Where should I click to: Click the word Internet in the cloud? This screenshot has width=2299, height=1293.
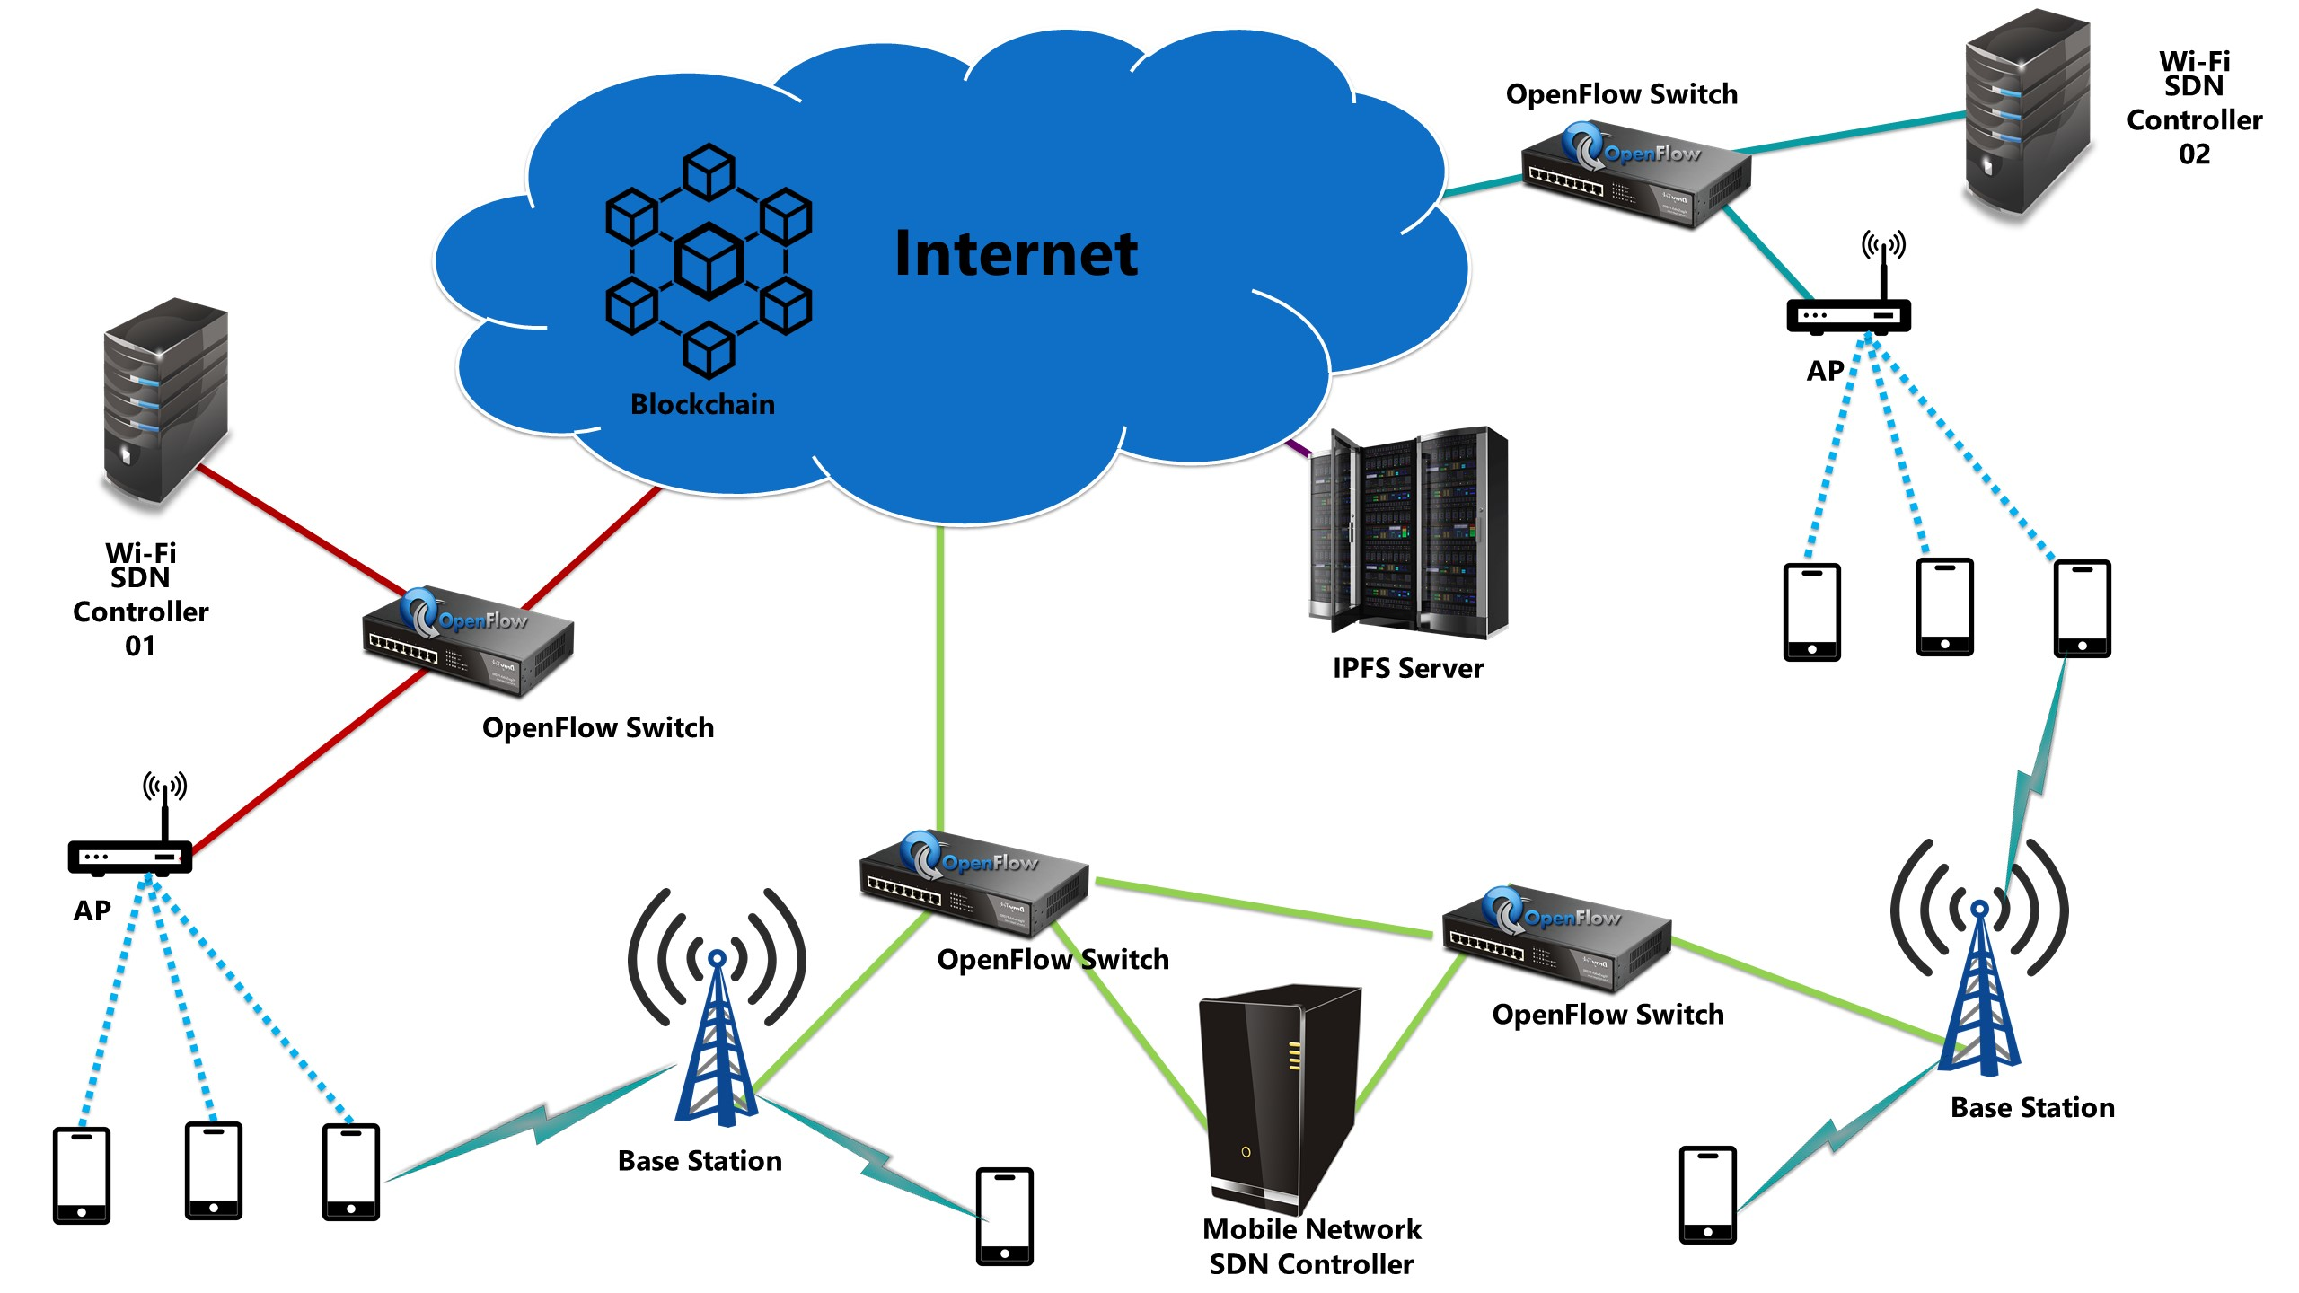(x=1016, y=254)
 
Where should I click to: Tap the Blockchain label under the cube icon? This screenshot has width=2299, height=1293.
(x=702, y=404)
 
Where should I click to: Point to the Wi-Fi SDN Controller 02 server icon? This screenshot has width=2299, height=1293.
(x=2027, y=112)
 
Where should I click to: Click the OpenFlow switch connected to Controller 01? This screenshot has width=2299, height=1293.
(x=467, y=640)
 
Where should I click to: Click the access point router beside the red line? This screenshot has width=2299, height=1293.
(x=130, y=856)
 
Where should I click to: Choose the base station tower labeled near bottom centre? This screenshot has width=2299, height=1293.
(x=717, y=1033)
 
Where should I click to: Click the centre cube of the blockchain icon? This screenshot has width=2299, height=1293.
(x=709, y=260)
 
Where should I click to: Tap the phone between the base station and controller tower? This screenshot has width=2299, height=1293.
(x=1005, y=1217)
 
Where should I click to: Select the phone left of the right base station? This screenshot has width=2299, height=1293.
(x=1707, y=1194)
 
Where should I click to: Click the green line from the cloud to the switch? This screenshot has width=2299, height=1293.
(x=939, y=673)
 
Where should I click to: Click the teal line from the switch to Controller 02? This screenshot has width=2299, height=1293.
(x=1850, y=132)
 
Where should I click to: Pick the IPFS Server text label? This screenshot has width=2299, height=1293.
(x=1407, y=668)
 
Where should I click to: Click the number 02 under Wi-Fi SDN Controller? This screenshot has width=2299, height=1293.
(x=2194, y=154)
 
